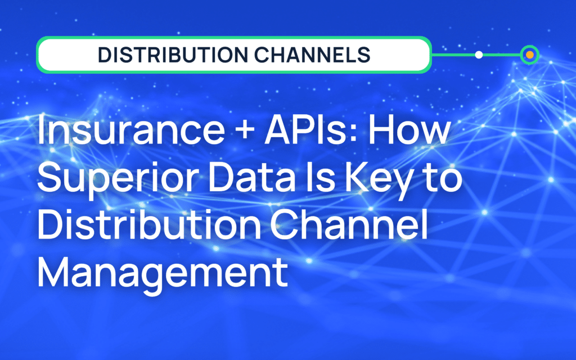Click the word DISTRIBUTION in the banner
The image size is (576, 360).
click(169, 55)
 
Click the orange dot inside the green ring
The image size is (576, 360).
click(529, 55)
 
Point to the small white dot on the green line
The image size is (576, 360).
click(479, 55)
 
